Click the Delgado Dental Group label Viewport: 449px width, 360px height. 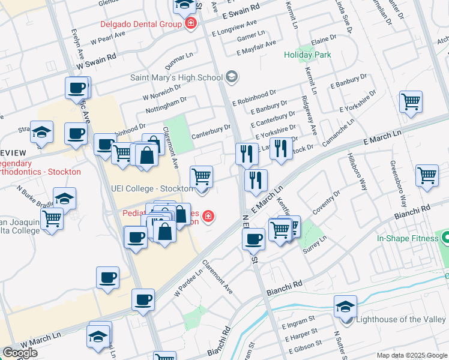click(140, 25)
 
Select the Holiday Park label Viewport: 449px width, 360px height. click(307, 55)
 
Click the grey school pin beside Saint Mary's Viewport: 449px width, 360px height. click(232, 77)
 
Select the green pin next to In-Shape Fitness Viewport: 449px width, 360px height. click(445, 238)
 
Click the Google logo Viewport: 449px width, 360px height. click(20, 353)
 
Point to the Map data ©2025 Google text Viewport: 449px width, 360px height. click(412, 355)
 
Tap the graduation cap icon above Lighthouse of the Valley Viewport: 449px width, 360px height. click(345, 306)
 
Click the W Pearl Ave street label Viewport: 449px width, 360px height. click(107, 40)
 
